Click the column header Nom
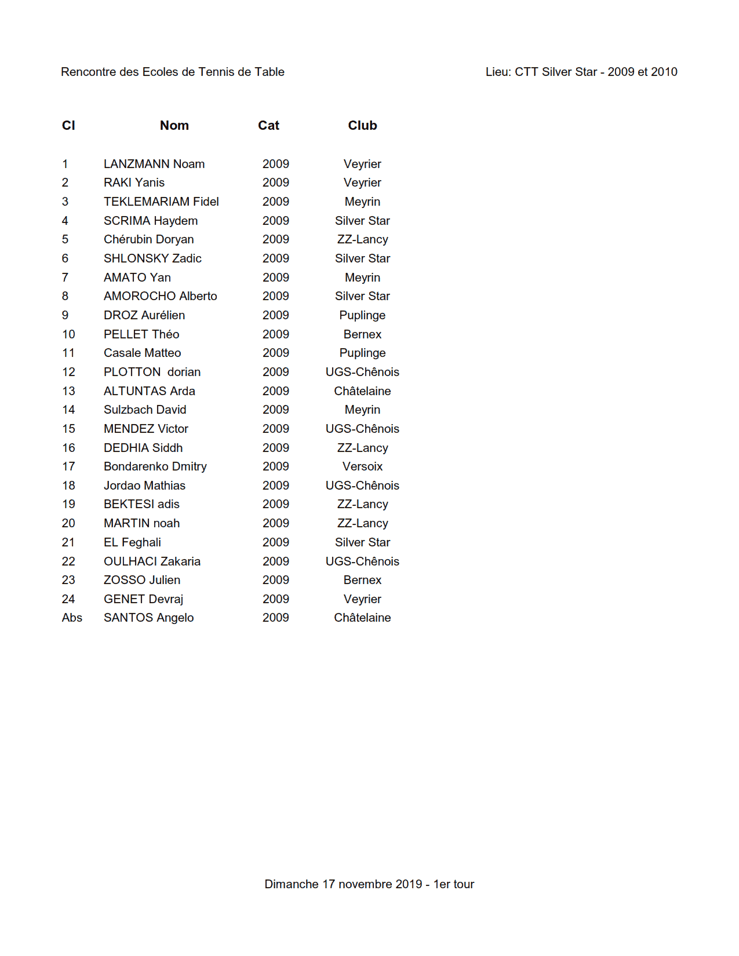[x=174, y=126]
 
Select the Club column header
[x=362, y=126]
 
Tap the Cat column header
[x=268, y=126]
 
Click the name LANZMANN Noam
[x=154, y=164]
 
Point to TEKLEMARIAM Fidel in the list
[x=161, y=202]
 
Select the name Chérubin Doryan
[x=148, y=239]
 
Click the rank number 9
[x=65, y=315]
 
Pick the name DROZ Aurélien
[x=144, y=315]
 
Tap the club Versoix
[x=362, y=466]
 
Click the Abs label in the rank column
[x=72, y=618]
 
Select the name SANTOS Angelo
[x=148, y=618]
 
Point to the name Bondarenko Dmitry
[x=155, y=466]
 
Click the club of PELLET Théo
[x=362, y=334]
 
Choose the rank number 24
[x=68, y=599]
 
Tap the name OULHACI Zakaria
[x=152, y=561]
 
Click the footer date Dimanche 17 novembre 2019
[x=343, y=884]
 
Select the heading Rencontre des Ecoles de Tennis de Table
[x=172, y=72]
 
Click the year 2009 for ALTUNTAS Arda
[x=275, y=391]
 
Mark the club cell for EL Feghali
[x=362, y=542]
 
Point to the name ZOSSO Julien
[x=141, y=580]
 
